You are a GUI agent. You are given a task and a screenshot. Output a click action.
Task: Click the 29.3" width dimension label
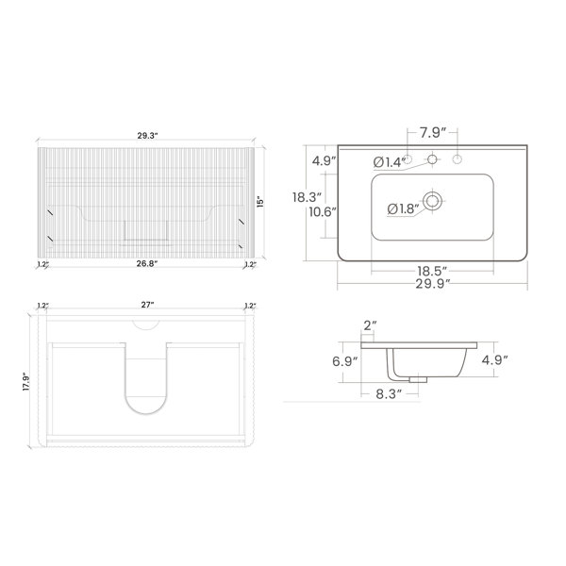[148, 136]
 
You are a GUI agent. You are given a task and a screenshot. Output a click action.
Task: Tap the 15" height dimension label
[260, 202]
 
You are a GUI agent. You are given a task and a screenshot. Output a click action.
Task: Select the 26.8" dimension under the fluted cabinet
[147, 263]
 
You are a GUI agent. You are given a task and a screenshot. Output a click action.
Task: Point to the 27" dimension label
[147, 305]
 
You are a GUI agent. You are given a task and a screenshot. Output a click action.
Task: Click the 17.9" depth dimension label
[26, 381]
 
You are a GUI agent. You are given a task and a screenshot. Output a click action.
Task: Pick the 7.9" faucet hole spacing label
[433, 133]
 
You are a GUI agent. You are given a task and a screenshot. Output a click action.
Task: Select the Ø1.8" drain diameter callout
[403, 208]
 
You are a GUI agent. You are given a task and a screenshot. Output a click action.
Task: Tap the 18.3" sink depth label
[307, 197]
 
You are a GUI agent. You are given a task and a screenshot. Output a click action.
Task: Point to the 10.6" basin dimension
[323, 211]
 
